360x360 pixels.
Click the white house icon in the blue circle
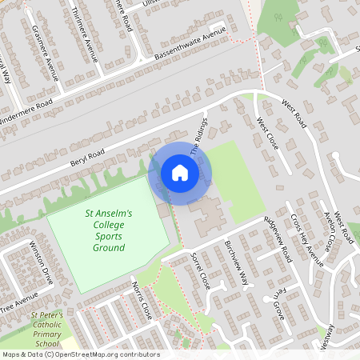[180, 173]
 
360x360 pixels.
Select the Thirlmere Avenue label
[84, 34]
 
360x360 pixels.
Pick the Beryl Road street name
[87, 153]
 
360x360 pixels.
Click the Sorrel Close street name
[198, 270]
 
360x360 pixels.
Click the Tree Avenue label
[19, 305]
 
